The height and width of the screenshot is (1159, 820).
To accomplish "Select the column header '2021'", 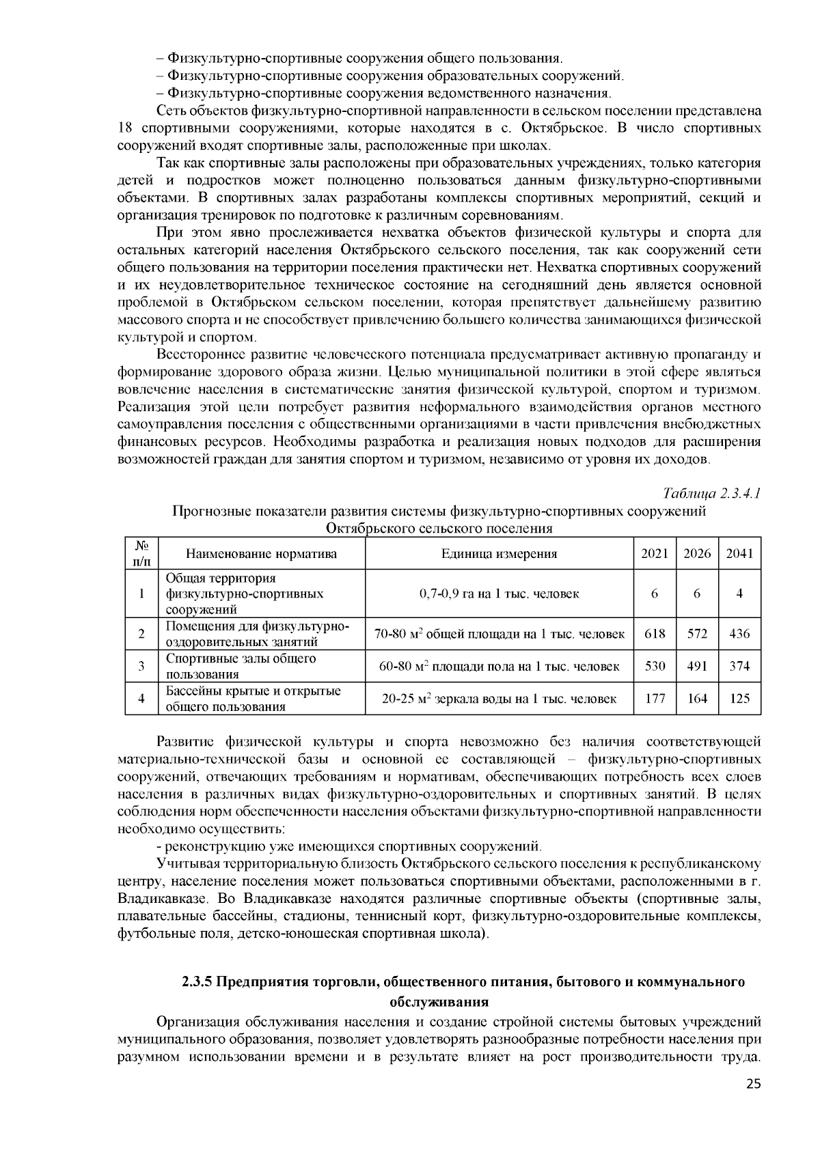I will click(x=655, y=554).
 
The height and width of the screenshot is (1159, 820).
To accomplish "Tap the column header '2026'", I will click(x=697, y=554).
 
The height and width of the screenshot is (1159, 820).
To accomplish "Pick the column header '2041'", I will click(x=739, y=554).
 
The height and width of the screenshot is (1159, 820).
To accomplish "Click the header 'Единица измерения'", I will click(x=499, y=554).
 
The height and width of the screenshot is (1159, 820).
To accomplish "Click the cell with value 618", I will click(x=655, y=634).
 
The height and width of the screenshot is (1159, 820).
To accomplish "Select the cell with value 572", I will click(x=697, y=634).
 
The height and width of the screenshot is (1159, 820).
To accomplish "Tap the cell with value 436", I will click(x=739, y=634).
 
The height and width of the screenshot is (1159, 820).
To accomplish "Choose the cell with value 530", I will click(x=655, y=666).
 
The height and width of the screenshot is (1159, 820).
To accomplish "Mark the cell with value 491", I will click(x=697, y=666).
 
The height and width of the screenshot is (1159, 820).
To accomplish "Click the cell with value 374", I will click(x=739, y=666).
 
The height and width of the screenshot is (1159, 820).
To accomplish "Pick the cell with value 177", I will click(x=655, y=698).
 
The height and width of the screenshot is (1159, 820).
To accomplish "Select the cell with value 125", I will click(x=739, y=698).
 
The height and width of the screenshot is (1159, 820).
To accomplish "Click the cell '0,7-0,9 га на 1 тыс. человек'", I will click(x=499, y=594).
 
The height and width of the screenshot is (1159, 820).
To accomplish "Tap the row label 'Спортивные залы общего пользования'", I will click(x=241, y=666).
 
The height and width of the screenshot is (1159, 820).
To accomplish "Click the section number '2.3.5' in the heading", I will click(x=197, y=982).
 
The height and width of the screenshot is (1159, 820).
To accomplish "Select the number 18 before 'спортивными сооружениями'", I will click(x=124, y=128).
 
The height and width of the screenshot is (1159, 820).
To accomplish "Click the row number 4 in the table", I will click(x=141, y=698).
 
